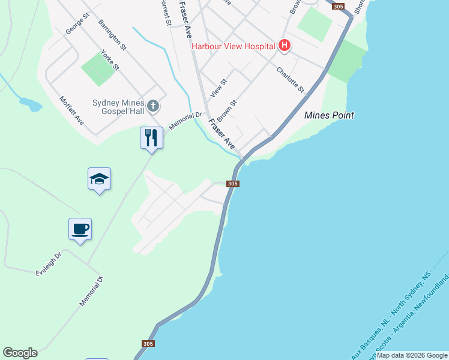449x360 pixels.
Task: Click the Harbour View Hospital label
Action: pyautogui.click(x=233, y=46)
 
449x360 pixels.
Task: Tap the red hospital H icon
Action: pyautogui.click(x=285, y=46)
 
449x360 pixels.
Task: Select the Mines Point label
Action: pyautogui.click(x=329, y=115)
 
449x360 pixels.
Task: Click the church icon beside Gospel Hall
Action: pyautogui.click(x=153, y=107)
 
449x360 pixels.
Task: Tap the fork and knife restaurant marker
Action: pyautogui.click(x=151, y=138)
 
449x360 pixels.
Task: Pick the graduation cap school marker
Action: pyautogui.click(x=99, y=179)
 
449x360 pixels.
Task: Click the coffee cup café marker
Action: pyautogui.click(x=80, y=229)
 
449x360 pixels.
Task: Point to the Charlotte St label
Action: pyautogui.click(x=291, y=79)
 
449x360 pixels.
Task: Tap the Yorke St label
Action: pyautogui.click(x=110, y=60)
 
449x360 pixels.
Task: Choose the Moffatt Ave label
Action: pyautogui.click(x=71, y=114)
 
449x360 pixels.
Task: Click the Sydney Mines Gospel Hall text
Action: pyautogui.click(x=119, y=107)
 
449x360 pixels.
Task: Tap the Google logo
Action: pyautogui.click(x=20, y=353)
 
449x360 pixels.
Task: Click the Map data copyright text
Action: pyautogui.click(x=412, y=355)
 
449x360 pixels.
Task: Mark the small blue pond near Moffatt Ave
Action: pyautogui.click(x=31, y=104)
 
